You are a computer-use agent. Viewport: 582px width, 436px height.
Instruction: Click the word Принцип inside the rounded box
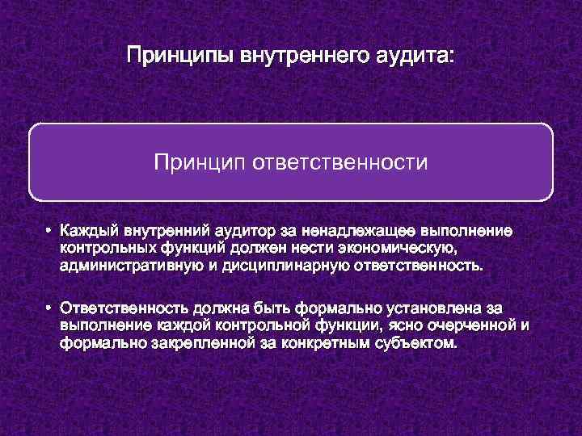(200, 164)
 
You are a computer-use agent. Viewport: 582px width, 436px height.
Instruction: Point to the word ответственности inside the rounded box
(340, 164)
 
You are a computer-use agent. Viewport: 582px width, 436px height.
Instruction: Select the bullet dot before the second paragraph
(49, 309)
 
